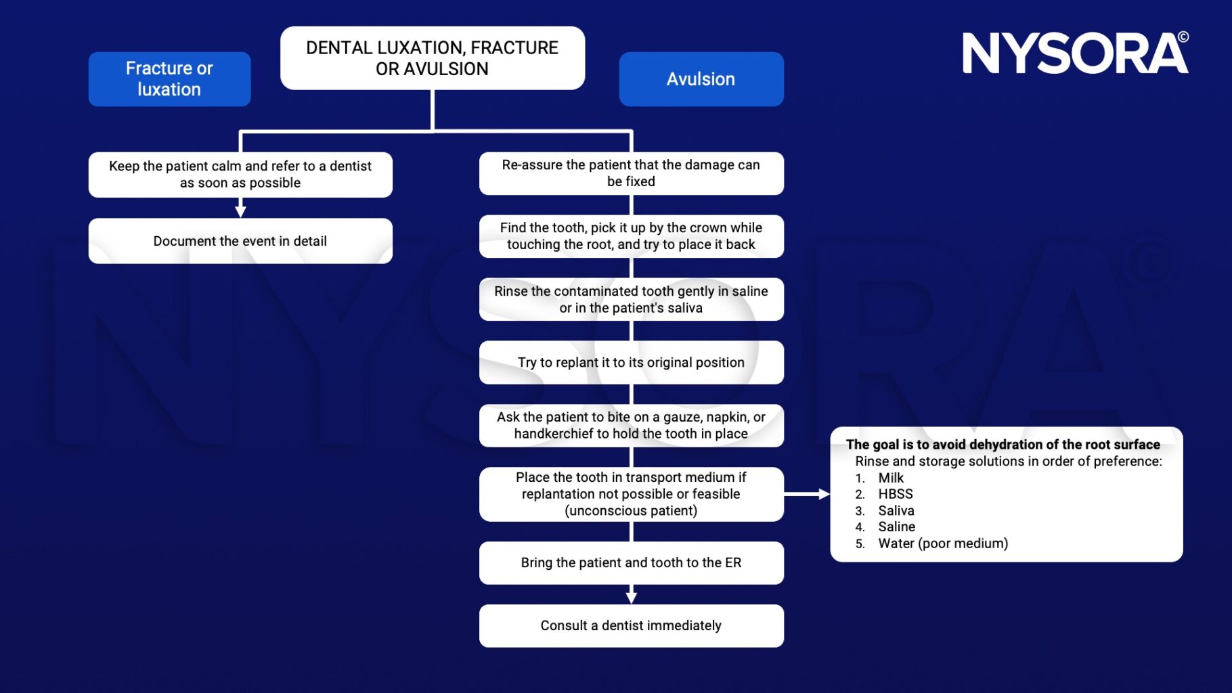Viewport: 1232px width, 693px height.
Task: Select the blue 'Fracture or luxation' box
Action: [x=169, y=79]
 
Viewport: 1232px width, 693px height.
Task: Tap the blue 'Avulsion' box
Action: [x=701, y=79]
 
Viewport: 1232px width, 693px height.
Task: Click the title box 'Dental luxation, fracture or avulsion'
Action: [x=432, y=58]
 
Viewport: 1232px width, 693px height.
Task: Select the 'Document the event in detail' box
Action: [x=240, y=241]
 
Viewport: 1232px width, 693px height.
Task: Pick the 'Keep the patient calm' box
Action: [x=240, y=175]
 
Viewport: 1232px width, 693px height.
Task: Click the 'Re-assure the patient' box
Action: [x=631, y=173]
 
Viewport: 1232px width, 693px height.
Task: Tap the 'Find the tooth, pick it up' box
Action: [x=631, y=236]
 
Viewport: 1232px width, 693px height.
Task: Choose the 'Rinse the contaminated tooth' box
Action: [x=631, y=299]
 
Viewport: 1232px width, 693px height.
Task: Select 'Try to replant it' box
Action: [x=631, y=363]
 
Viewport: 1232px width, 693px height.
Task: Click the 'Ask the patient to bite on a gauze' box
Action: [x=631, y=426]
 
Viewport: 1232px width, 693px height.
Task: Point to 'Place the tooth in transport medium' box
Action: [x=631, y=494]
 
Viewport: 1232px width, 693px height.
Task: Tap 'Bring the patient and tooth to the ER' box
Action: [x=631, y=563]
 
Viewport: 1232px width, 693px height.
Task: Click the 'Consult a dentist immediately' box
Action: [x=631, y=626]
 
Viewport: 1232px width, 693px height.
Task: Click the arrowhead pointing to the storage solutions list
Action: [x=824, y=495]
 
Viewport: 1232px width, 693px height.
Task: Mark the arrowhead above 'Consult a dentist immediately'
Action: [x=631, y=598]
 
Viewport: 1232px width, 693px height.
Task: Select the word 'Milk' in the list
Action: [x=891, y=478]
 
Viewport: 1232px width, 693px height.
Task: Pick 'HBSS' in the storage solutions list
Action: [x=896, y=494]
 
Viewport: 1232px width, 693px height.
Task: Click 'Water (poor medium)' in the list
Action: [x=942, y=543]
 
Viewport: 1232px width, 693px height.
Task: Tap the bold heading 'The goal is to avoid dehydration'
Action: [x=1003, y=445]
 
